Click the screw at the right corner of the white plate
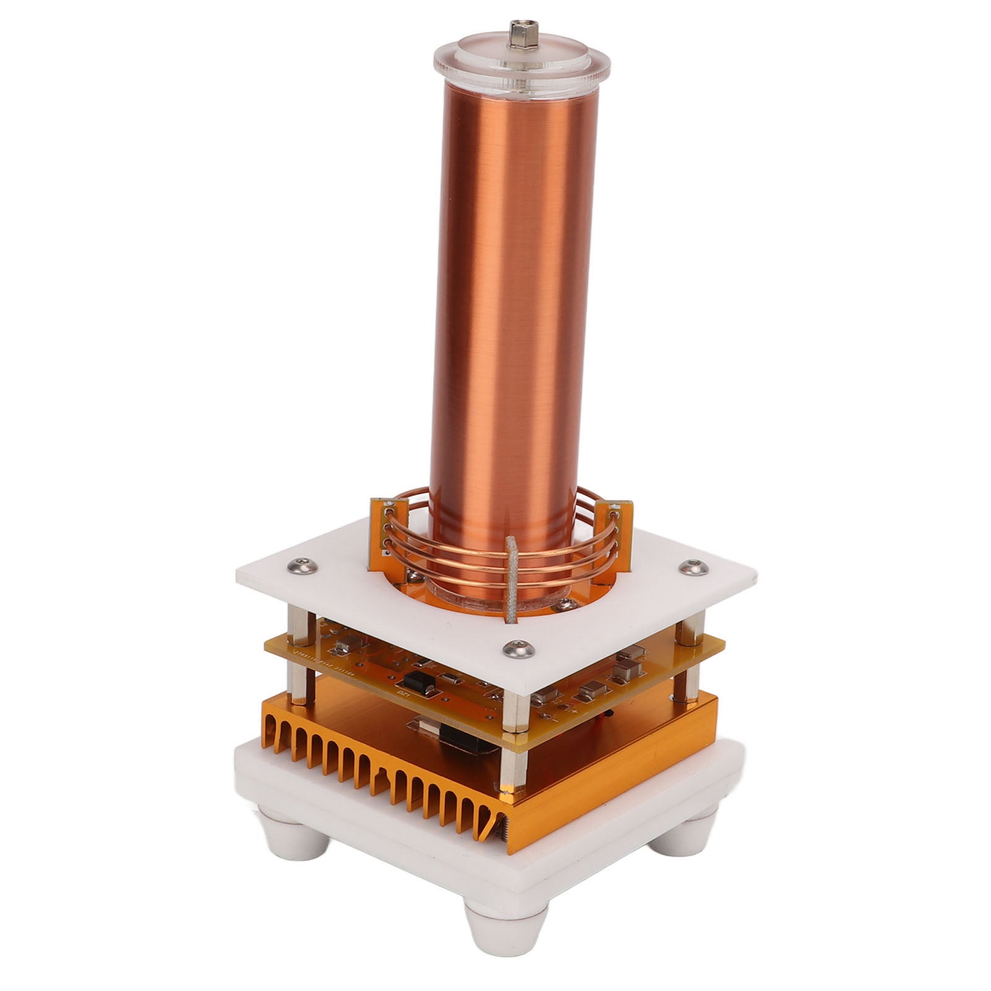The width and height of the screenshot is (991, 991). point(688,566)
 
